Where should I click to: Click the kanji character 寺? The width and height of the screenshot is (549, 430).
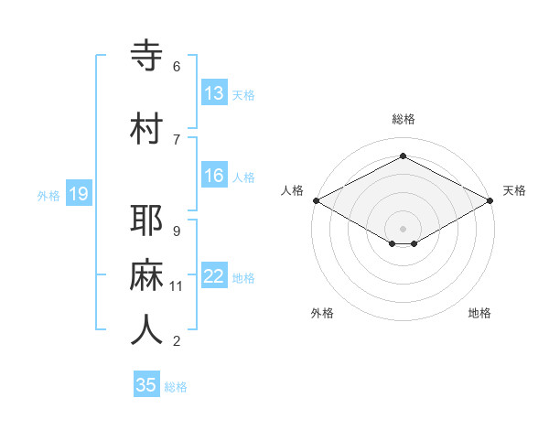tap(146, 57)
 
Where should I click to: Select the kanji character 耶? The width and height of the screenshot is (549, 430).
tap(146, 221)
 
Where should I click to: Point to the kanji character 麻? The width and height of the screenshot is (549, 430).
tap(146, 275)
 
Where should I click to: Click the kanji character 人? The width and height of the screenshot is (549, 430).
tap(146, 330)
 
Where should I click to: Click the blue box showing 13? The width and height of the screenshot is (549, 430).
tap(213, 93)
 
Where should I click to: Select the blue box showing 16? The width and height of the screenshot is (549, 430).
tap(213, 176)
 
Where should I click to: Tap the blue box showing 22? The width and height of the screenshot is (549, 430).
tap(213, 276)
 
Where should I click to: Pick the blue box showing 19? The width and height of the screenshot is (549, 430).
tap(79, 194)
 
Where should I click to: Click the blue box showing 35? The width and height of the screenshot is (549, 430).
tap(146, 385)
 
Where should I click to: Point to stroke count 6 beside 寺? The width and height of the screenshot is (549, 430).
tap(177, 67)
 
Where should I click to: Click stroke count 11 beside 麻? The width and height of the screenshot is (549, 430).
tap(177, 286)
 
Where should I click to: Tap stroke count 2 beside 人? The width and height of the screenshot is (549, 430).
tap(177, 341)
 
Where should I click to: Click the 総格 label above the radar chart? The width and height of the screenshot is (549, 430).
tap(403, 119)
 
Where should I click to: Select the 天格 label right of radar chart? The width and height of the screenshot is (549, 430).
tap(514, 190)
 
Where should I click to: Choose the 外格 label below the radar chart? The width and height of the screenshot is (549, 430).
tap(322, 313)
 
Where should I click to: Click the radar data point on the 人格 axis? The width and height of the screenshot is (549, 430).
tap(316, 199)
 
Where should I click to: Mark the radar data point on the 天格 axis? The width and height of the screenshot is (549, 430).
tap(490, 199)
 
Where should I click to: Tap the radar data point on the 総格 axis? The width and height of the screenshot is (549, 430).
tap(403, 156)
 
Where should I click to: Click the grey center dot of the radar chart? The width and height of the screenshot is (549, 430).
tap(403, 227)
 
